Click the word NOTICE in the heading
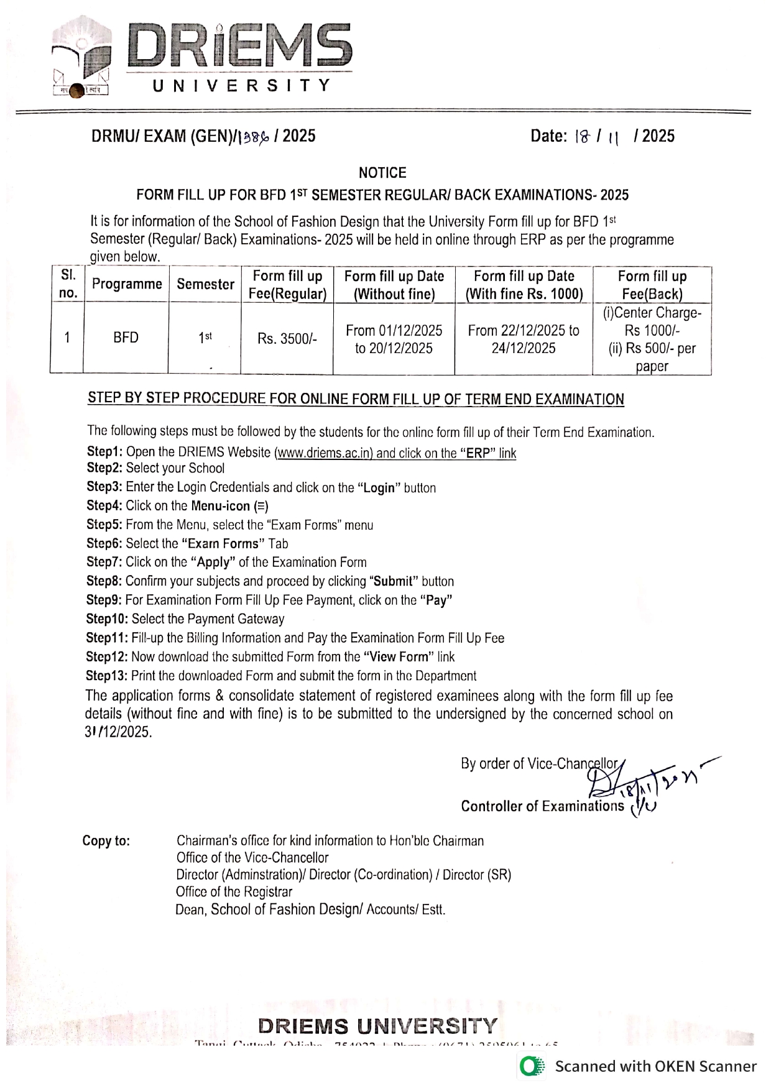click(382, 173)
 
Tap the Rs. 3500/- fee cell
click(287, 339)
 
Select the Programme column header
click(127, 284)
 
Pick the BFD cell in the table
click(126, 338)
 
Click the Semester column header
click(205, 284)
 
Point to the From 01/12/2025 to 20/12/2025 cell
click(394, 339)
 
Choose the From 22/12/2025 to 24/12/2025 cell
click(524, 339)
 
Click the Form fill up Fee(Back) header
click(652, 285)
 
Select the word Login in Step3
click(379, 488)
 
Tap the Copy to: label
click(106, 841)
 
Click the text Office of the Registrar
click(234, 892)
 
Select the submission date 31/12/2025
click(118, 732)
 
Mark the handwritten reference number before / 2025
click(254, 137)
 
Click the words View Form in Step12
click(398, 657)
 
